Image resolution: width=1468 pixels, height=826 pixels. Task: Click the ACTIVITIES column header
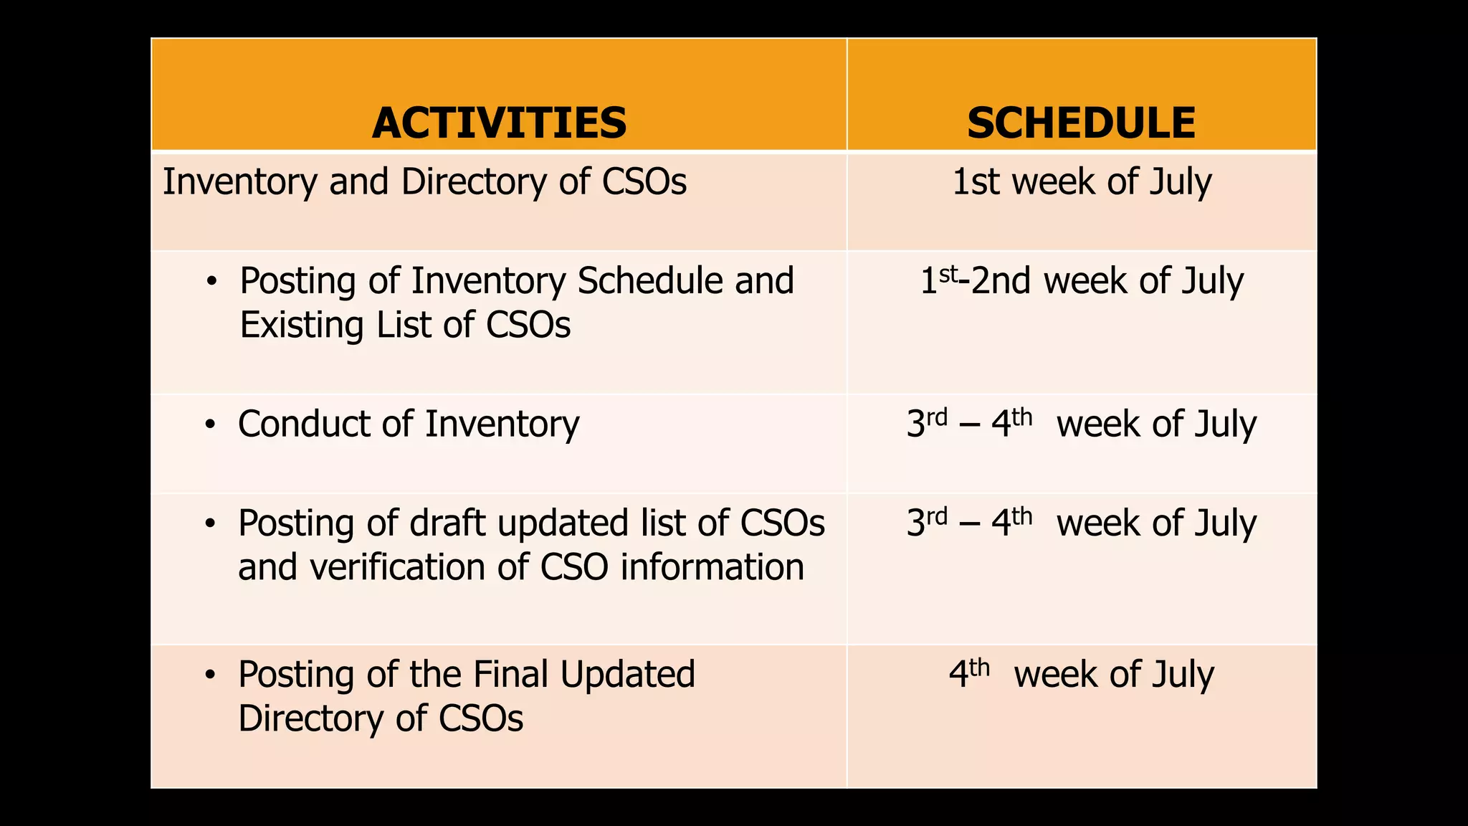(x=499, y=123)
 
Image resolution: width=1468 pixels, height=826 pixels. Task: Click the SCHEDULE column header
(x=1081, y=123)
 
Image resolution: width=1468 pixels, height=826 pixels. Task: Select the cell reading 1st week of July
(x=1081, y=182)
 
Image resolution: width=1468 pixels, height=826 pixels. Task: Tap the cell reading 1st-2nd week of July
(x=1081, y=281)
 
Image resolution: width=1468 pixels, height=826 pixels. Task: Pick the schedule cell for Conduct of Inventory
(x=1081, y=424)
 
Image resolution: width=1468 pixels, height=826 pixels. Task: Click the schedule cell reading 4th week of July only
(x=1081, y=675)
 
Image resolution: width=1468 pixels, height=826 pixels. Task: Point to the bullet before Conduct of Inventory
(x=209, y=425)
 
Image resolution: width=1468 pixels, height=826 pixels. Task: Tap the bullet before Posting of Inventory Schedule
(x=211, y=283)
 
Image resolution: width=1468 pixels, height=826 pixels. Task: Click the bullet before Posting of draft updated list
(x=209, y=524)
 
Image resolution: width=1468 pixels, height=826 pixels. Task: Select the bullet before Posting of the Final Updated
(x=209, y=675)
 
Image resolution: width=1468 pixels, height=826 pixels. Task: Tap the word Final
(x=511, y=675)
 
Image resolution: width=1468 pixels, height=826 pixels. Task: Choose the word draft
(x=447, y=523)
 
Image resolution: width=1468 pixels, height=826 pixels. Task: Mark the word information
(x=711, y=567)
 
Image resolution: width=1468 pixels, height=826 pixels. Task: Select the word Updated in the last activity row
(x=627, y=675)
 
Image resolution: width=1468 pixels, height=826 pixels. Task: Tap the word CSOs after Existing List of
(x=528, y=326)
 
